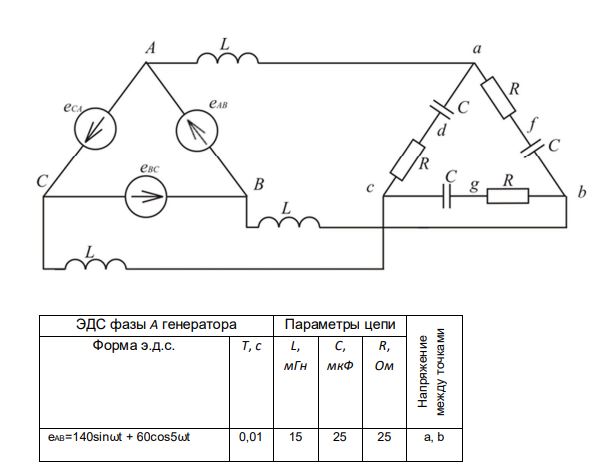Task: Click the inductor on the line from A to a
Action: (x=228, y=58)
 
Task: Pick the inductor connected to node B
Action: (x=289, y=222)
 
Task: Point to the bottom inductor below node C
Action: (x=95, y=263)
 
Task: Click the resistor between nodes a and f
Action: (x=498, y=98)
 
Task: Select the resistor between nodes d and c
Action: (x=408, y=160)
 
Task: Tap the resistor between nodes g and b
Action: (x=508, y=196)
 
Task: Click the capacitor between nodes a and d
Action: (x=442, y=108)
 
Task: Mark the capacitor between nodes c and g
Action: (x=447, y=196)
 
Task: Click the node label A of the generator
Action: (x=151, y=49)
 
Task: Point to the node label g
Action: (x=474, y=185)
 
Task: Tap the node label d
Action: (x=441, y=130)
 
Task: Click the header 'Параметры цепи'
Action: (x=340, y=325)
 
